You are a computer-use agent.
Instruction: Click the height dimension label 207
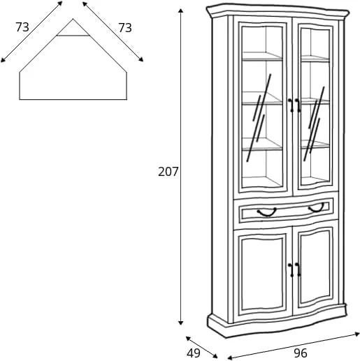[168, 172]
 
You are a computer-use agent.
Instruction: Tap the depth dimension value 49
[193, 353]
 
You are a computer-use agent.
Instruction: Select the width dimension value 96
[301, 353]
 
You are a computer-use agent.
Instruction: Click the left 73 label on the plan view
[22, 27]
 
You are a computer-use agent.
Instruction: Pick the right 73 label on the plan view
[125, 28]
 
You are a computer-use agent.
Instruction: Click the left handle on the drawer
[266, 212]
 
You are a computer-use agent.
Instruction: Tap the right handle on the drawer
[317, 207]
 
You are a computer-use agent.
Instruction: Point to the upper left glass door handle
[291, 105]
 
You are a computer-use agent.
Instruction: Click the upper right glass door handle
[298, 105]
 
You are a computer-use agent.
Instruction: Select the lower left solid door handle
[291, 270]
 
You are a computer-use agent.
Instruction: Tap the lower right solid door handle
[298, 270]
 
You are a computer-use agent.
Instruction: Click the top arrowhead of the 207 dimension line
[180, 11]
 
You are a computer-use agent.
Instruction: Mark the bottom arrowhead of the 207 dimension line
[180, 323]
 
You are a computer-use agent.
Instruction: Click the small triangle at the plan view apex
[73, 29]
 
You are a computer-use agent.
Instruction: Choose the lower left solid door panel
[263, 274]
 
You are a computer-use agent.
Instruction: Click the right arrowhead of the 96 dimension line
[357, 334]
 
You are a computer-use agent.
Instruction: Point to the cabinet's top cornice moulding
[278, 11]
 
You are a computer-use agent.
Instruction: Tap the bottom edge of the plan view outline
[73, 100]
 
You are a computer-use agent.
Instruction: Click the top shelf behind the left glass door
[262, 57]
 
